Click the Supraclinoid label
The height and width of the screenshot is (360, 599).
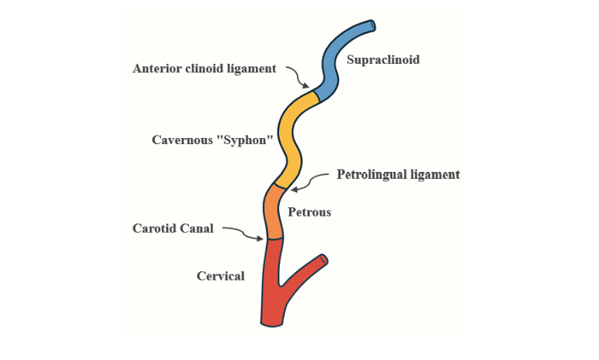[x=383, y=60]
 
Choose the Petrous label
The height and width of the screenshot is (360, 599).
[x=309, y=211]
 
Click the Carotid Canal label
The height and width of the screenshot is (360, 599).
[x=173, y=228]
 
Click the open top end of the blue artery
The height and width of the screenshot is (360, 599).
[x=372, y=26]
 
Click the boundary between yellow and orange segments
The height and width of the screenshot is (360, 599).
[x=280, y=187]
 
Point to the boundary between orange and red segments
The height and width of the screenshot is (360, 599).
[x=274, y=239]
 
